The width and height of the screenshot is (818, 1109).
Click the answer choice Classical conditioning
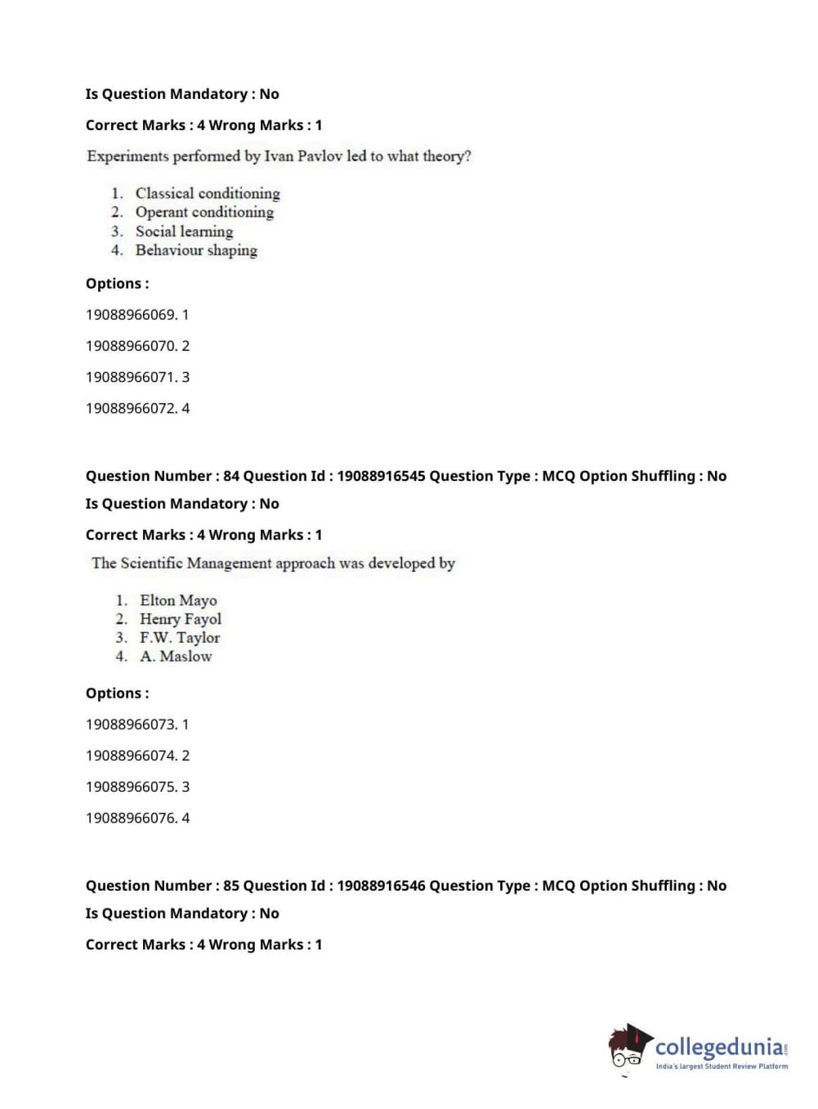click(x=208, y=194)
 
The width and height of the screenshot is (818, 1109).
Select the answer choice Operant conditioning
click(x=204, y=213)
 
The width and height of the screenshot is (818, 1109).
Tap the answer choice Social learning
click(x=184, y=231)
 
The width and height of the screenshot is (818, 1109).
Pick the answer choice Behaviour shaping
click(x=196, y=250)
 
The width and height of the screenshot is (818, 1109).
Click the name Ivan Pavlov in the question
click(x=303, y=156)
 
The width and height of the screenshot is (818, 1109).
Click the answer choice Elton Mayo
click(x=178, y=601)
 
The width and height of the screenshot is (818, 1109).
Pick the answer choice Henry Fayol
click(x=181, y=619)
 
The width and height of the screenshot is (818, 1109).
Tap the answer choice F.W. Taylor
click(x=180, y=638)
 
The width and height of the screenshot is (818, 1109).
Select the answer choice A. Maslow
click(x=176, y=657)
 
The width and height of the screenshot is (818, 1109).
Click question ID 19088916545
click(x=381, y=476)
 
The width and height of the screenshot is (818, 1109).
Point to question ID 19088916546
click(x=381, y=886)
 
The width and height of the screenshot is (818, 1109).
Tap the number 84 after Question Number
click(x=231, y=476)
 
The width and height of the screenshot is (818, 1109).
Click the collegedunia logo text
click(x=718, y=1047)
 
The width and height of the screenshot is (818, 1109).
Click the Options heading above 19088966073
click(x=117, y=694)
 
